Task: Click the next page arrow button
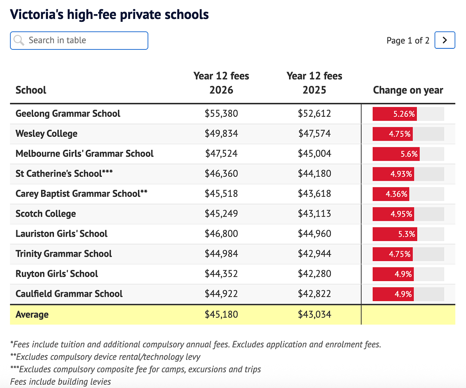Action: pos(445,40)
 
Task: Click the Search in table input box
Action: pos(79,41)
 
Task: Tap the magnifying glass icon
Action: pos(19,40)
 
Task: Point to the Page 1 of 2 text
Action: pos(408,41)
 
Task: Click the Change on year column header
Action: pos(408,90)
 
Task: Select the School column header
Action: pos(31,90)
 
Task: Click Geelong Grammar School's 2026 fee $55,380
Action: pos(221,113)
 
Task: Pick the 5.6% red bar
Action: pos(396,154)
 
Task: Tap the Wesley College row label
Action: pos(47,133)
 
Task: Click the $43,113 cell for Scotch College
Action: pos(314,213)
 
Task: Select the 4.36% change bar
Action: pos(391,194)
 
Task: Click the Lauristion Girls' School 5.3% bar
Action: pos(395,234)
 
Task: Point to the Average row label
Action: pos(32,315)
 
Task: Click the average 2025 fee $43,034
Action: pos(314,315)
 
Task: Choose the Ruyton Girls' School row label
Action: pos(57,274)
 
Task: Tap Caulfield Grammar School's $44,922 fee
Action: pos(221,294)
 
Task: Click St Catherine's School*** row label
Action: pos(64,173)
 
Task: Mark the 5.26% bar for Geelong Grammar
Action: pos(395,114)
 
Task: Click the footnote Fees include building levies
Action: pos(60,381)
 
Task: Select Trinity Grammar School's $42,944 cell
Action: pos(314,254)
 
